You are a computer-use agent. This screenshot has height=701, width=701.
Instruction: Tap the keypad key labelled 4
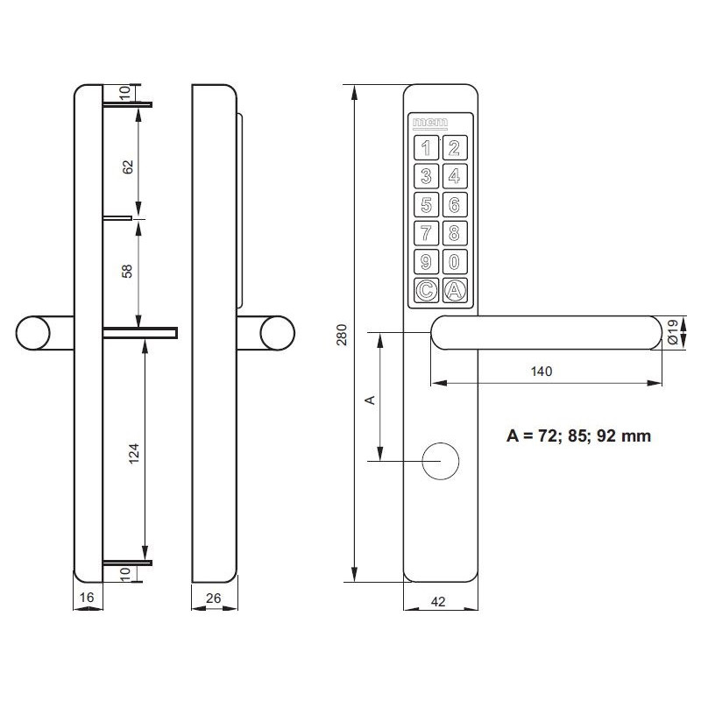coord(454,176)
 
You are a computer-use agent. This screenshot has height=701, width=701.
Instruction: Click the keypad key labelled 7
coord(426,234)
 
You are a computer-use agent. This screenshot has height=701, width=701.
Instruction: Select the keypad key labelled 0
coord(454,262)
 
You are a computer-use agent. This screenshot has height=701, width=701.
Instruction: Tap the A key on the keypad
coord(454,290)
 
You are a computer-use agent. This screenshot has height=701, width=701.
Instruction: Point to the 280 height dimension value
coord(342,335)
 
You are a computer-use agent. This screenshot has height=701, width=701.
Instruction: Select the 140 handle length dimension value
coord(540,372)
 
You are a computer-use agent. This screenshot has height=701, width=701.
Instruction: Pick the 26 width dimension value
coord(214,599)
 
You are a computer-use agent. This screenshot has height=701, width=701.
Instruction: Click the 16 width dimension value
coord(86,599)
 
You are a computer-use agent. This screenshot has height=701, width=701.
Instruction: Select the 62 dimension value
coord(128,166)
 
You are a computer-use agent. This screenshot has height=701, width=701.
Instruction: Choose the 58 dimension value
coord(128,271)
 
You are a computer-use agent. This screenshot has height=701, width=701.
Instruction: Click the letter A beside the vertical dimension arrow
coord(370,400)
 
